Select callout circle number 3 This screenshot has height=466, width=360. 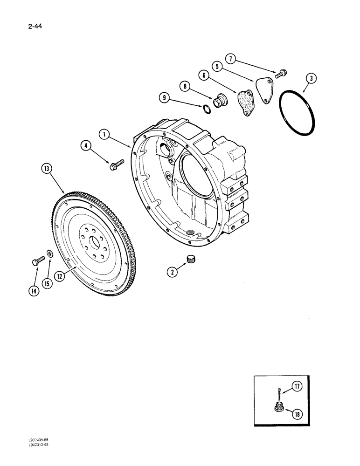(310, 79)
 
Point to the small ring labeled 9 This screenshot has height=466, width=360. (205, 109)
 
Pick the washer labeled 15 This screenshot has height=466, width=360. (49, 255)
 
